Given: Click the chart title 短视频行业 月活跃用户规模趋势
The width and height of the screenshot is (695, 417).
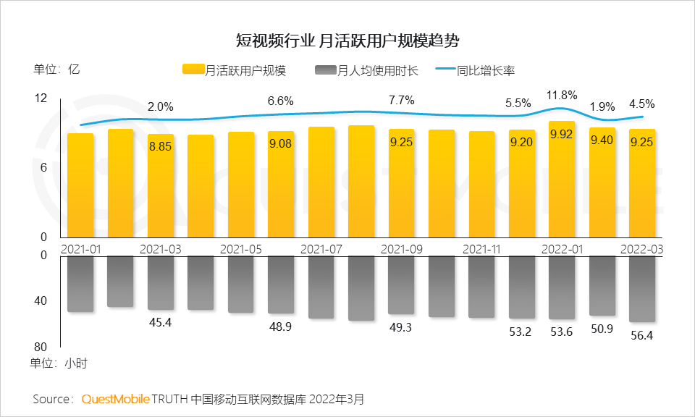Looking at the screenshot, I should point(347,39).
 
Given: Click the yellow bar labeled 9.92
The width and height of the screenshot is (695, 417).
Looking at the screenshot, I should point(562,181).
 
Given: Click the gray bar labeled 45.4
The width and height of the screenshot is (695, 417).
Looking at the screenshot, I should point(161,282).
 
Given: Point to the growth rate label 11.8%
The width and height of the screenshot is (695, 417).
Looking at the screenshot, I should point(562,95).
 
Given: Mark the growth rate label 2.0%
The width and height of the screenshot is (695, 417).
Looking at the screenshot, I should point(161,106).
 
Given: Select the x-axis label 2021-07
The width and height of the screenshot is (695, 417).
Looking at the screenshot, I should point(321,248).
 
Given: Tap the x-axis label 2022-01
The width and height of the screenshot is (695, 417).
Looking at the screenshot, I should point(563,248).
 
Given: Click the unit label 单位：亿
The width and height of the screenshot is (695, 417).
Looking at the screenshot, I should point(56,70).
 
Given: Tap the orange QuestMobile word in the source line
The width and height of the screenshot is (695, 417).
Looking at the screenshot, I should point(115,399).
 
